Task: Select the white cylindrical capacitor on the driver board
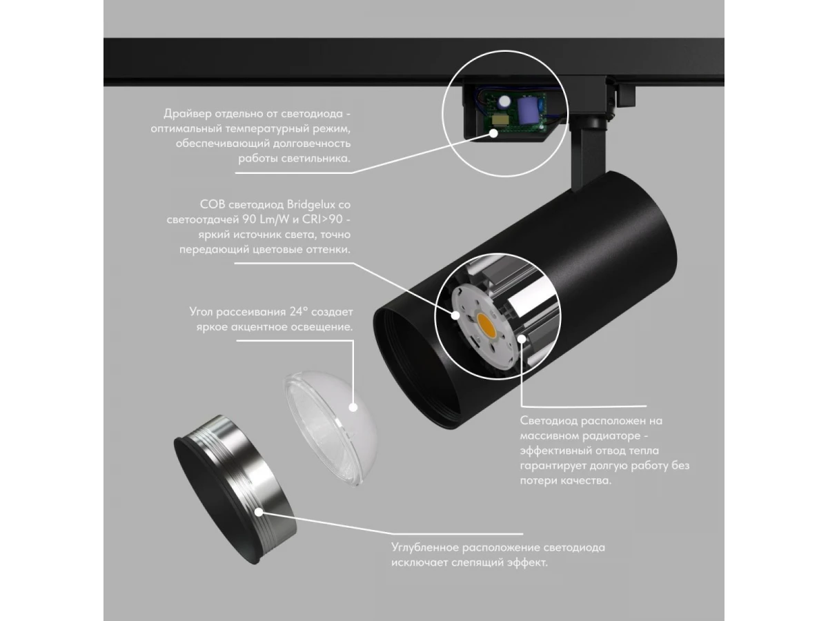[x=504, y=101]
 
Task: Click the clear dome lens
[x=330, y=428]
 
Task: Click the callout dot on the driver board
[x=493, y=133]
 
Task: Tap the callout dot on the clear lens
[x=353, y=408]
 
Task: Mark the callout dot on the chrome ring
[x=259, y=512]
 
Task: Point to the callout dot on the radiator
[x=522, y=338]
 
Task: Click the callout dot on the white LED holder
[x=455, y=315]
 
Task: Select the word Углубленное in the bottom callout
[x=424, y=547]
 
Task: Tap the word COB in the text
[x=213, y=204]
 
